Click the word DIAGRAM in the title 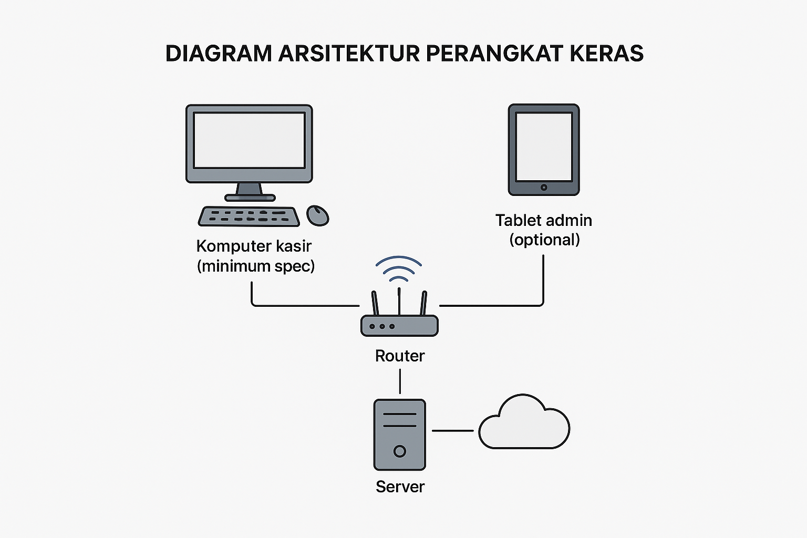pos(219,54)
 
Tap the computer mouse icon pos(317,215)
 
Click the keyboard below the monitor pos(249,216)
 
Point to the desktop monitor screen pos(249,140)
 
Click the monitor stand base pos(250,198)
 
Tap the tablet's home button pos(544,188)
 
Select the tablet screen pos(544,147)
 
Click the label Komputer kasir pos(254,246)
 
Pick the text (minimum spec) pos(256,266)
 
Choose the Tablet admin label pos(544,220)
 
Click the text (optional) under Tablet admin pos(545,240)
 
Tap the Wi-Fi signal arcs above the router pos(399,268)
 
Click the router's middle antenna pos(399,301)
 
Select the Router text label pos(400,356)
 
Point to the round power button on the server pos(400,451)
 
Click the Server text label pos(400,487)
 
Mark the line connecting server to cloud pos(453,431)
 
